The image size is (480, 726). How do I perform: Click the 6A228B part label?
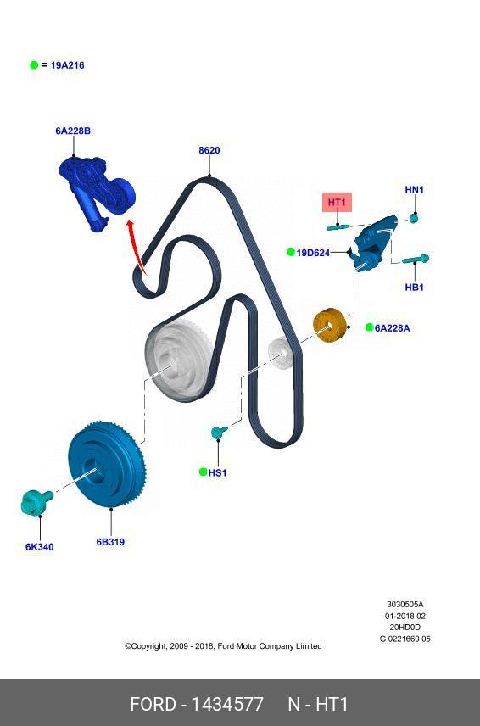[x=73, y=131]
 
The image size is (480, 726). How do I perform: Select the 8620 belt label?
[x=209, y=150]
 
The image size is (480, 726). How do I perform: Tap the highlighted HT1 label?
[x=337, y=203]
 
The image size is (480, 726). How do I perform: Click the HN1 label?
[x=414, y=190]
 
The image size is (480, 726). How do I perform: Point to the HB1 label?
[x=414, y=288]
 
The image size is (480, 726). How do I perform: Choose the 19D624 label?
[x=313, y=253]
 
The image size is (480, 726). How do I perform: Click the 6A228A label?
[x=392, y=328]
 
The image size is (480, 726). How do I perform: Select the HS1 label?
[x=217, y=472]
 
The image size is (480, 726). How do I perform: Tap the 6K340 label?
[x=39, y=547]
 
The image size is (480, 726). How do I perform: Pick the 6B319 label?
[x=110, y=542]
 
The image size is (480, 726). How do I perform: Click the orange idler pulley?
[x=329, y=326]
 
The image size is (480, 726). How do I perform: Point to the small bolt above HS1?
[x=219, y=433]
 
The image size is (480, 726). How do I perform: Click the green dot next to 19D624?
[x=290, y=252]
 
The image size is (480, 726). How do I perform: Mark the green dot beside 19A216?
[x=34, y=65]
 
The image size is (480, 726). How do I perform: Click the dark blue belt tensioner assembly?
[x=97, y=192]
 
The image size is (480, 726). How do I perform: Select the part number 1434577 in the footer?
[x=227, y=704]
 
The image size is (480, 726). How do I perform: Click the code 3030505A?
[x=405, y=604]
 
